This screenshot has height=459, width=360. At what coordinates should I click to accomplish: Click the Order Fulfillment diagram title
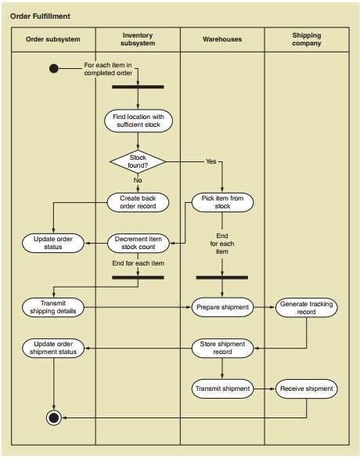coord(40,16)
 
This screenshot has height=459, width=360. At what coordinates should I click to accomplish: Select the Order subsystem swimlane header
coord(53,39)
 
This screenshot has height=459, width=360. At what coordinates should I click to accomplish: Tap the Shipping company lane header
coord(307,39)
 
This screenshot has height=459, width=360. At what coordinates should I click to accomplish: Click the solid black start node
coord(54,69)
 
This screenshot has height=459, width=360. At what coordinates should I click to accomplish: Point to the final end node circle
coord(54,417)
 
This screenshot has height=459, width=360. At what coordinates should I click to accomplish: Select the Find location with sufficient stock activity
coord(139,121)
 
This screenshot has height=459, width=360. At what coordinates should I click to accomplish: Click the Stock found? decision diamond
coord(138,161)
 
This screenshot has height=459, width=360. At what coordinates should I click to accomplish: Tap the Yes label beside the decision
coord(211,161)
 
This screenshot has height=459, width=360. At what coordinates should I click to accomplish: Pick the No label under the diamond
coord(138,180)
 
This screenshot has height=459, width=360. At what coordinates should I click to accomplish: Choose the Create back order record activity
coord(138,202)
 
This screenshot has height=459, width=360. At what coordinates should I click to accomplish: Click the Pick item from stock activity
coord(222,202)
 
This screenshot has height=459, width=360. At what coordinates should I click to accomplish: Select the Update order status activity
coord(53,243)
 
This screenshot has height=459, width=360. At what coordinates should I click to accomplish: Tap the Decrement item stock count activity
coord(139,243)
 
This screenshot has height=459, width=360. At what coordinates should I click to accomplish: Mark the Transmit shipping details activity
coord(53,307)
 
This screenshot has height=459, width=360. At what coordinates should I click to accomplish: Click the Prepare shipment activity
coord(222,307)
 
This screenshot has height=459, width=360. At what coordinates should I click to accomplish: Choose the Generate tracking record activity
coord(307,308)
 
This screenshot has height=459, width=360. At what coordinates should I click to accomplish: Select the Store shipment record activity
coord(222,348)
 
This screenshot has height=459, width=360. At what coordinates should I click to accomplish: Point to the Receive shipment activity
coord(307,389)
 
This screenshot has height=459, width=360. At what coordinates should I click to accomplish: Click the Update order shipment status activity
coord(53,348)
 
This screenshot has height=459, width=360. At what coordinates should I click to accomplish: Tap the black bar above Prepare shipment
coord(222,277)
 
